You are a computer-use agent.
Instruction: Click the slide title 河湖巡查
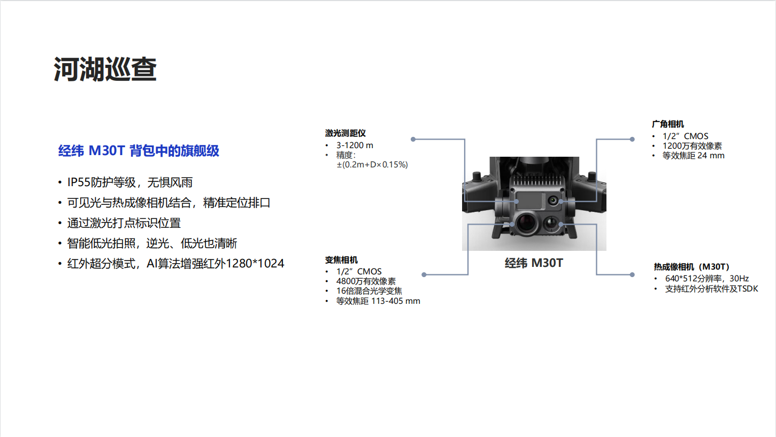[105, 70]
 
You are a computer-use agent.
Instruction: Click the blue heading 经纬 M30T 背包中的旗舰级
[139, 151]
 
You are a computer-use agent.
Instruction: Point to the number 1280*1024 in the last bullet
[255, 263]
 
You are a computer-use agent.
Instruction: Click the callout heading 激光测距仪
[345, 133]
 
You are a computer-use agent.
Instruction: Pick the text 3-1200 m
[355, 145]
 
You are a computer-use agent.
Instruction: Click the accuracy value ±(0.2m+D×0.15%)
[372, 165]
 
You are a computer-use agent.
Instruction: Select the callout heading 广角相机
[668, 124]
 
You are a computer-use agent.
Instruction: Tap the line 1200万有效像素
[692, 146]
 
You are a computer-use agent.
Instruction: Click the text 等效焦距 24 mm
[693, 156]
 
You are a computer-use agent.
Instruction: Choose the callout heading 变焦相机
[341, 260]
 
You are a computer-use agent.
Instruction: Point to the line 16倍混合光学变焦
[369, 291]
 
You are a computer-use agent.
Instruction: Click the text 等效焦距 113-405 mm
[378, 301]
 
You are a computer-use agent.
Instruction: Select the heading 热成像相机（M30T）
[692, 267]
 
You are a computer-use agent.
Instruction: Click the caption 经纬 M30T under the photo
[534, 263]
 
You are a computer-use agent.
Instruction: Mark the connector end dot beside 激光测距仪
[413, 139]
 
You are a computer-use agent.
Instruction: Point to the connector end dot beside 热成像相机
[632, 275]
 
